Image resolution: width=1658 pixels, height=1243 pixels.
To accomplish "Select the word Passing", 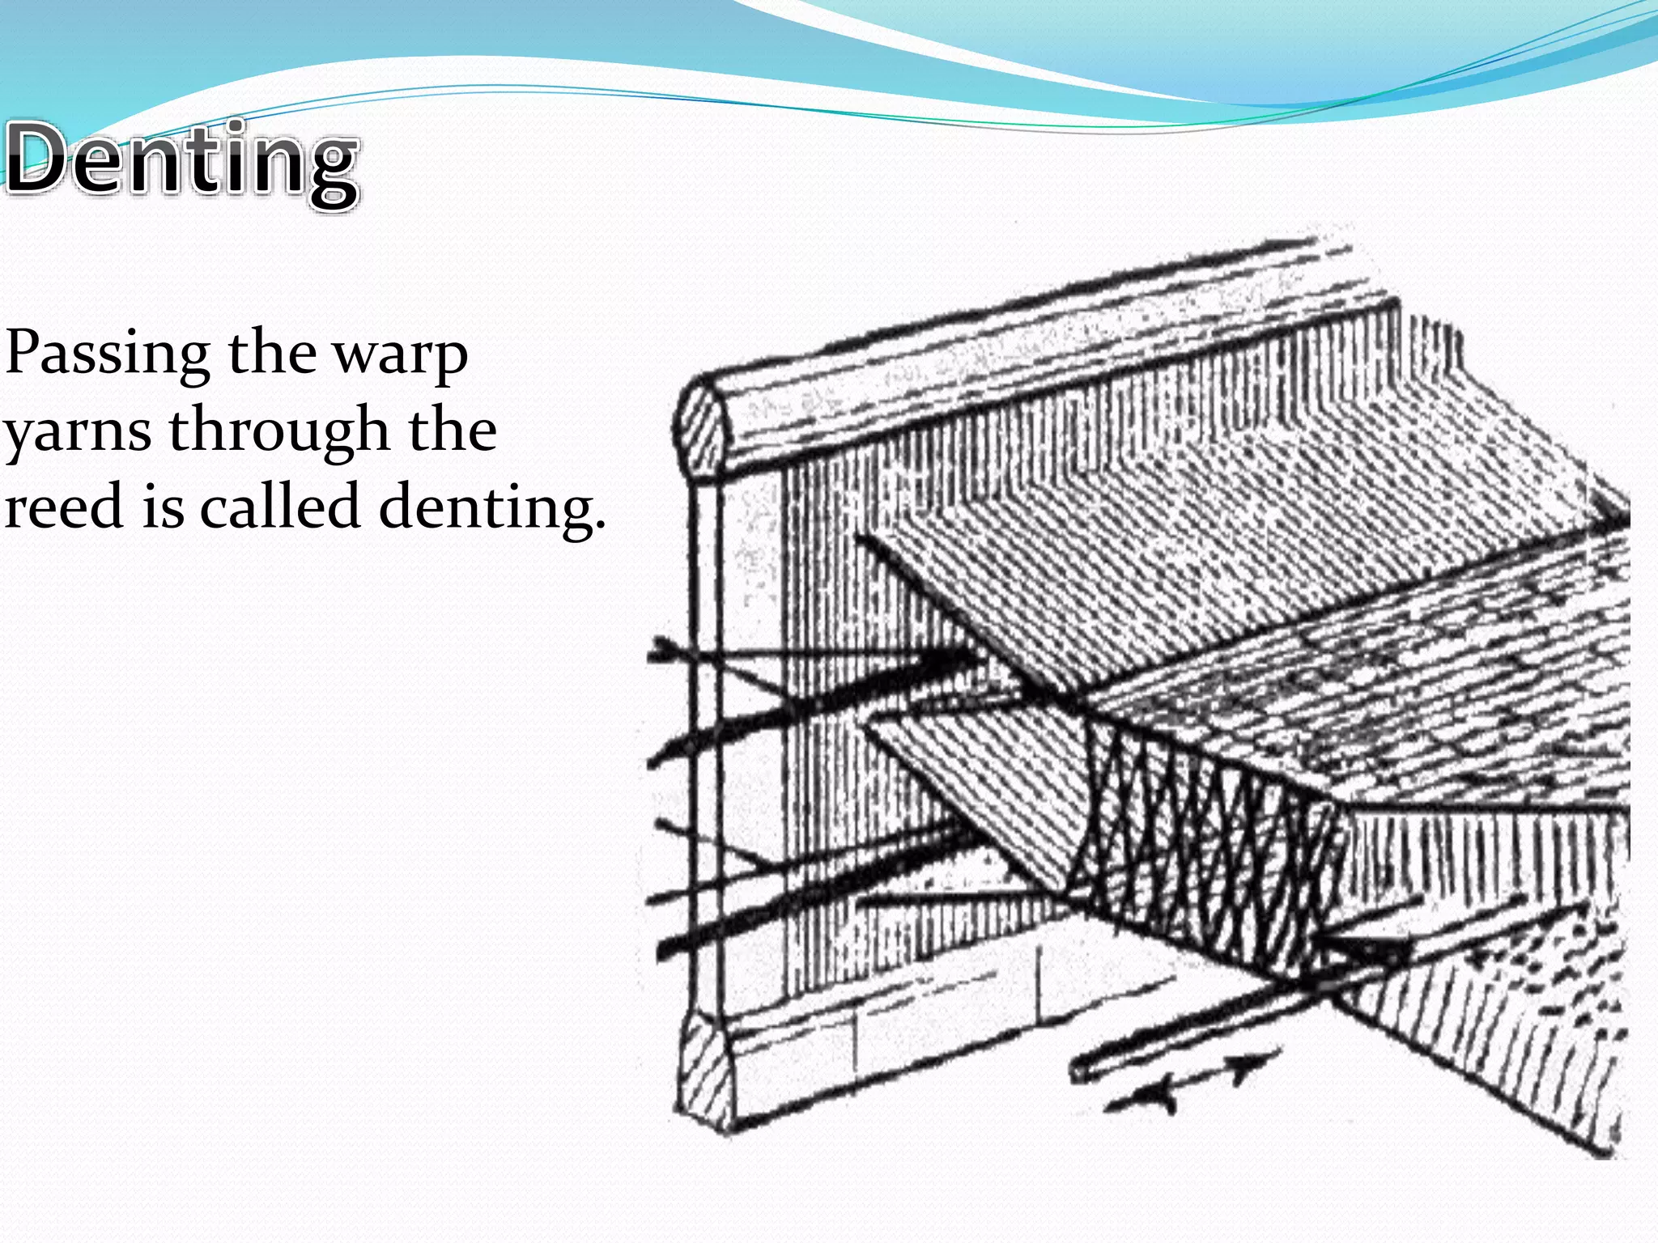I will (107, 354).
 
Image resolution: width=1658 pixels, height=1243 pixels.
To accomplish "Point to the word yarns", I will (77, 432).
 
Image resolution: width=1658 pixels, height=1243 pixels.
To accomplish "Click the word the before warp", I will (272, 353).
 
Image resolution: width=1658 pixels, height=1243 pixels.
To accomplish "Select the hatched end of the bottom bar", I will (706, 1072).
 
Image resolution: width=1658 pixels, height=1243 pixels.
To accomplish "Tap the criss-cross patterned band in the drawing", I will (1206, 858).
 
